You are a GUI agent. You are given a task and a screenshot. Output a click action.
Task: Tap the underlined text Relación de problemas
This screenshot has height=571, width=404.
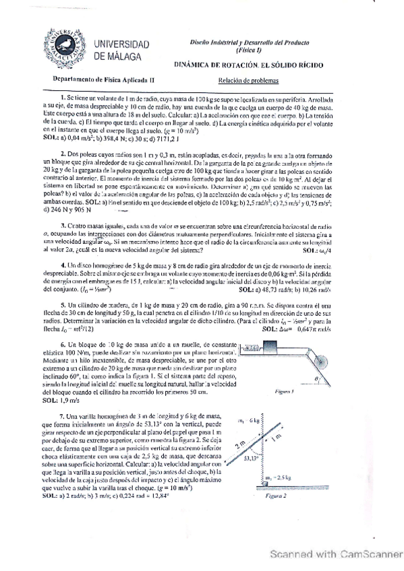248,79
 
